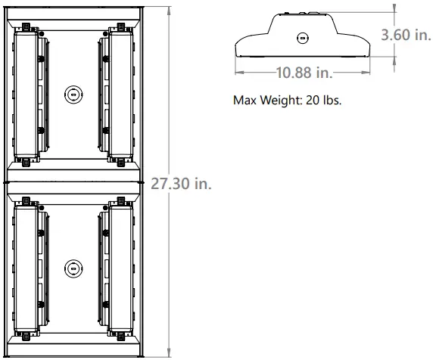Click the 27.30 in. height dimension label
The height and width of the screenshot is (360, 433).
click(x=180, y=184)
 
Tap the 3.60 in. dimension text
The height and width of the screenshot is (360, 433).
click(x=406, y=35)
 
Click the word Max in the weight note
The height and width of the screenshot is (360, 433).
click(x=246, y=99)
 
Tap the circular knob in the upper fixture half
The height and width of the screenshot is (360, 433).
click(x=73, y=93)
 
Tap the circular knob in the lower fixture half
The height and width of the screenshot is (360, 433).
click(x=73, y=268)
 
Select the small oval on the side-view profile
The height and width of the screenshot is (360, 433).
click(x=303, y=38)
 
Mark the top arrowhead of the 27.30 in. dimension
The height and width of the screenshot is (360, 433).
click(x=167, y=8)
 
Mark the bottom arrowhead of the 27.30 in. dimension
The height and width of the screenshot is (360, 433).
click(x=167, y=353)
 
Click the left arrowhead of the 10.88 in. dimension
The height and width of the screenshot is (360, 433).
click(x=238, y=73)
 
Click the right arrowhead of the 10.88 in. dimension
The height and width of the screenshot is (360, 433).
click(x=370, y=73)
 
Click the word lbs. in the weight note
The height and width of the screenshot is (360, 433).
click(x=333, y=99)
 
